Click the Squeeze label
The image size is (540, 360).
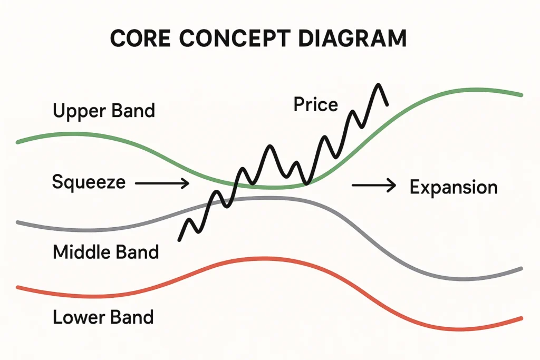(89, 182)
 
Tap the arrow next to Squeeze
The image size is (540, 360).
(162, 183)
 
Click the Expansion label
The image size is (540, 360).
(454, 187)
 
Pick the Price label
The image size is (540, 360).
(315, 105)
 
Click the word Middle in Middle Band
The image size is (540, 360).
(81, 252)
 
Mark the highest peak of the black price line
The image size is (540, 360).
(378, 85)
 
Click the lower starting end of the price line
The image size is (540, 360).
(180, 240)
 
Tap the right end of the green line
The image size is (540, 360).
(520, 95)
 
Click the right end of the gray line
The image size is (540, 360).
(520, 269)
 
